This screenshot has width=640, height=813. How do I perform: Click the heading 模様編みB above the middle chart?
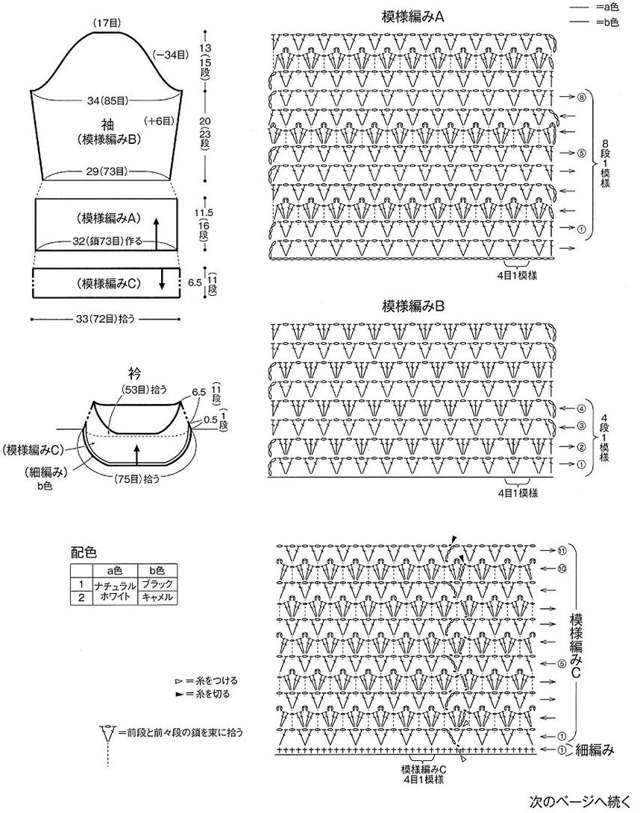(x=414, y=306)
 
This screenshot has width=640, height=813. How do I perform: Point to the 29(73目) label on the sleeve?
(x=106, y=171)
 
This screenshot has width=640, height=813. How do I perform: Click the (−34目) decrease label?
(x=171, y=54)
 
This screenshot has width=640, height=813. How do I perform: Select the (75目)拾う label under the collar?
(x=136, y=478)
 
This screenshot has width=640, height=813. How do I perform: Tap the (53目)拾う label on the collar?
(x=145, y=389)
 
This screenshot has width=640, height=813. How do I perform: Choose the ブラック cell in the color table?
(x=157, y=584)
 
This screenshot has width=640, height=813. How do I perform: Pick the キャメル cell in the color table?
(x=157, y=598)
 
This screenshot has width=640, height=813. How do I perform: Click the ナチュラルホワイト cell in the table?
(x=113, y=591)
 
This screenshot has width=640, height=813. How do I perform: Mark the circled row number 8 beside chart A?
(x=581, y=98)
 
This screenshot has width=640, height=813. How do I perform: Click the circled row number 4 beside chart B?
(x=581, y=408)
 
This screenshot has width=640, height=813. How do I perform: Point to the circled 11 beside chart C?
(x=561, y=551)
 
